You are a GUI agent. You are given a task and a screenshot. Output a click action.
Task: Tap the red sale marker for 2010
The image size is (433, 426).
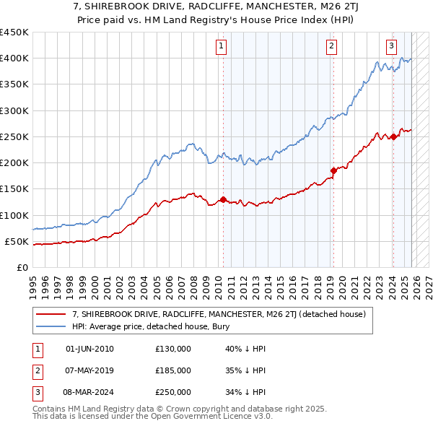[x=223, y=199]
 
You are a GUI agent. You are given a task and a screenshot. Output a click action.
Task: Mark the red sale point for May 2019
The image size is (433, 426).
[x=333, y=170]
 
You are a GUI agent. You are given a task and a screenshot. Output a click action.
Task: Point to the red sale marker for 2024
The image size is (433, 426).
[x=393, y=136]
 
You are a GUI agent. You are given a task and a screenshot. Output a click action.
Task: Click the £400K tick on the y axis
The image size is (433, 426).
[x=14, y=58]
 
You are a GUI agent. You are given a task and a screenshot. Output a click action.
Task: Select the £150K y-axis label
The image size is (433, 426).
[x=14, y=189]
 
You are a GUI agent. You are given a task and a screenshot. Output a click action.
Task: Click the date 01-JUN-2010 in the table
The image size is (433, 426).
[x=89, y=349]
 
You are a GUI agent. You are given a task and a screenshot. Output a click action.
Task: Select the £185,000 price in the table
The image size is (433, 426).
[x=173, y=370]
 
